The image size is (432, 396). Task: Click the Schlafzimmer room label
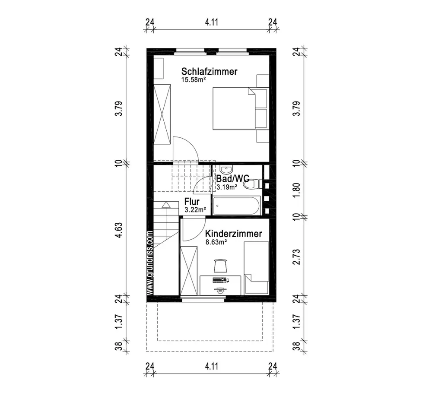[x=209, y=72]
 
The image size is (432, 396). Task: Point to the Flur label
[x=191, y=202]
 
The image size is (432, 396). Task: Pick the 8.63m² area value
[x=216, y=243]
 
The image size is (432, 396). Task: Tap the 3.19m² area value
[x=226, y=187]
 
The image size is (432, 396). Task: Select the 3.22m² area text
[x=195, y=209]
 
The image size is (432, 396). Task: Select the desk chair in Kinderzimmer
[x=220, y=265]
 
